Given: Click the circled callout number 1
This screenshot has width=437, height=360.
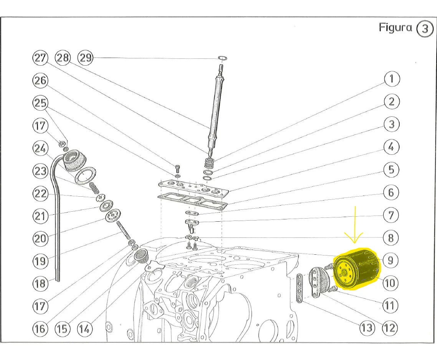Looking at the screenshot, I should click(392, 79).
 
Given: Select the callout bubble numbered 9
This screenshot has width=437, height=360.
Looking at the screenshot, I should click(390, 260).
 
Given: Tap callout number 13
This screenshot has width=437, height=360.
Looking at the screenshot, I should click(366, 328).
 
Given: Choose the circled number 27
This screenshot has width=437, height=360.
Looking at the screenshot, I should click(40, 58).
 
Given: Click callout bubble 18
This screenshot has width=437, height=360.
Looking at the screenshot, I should click(40, 284).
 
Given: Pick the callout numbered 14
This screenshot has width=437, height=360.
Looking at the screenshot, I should click(85, 328).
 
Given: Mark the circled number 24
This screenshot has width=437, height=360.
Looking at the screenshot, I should click(40, 148).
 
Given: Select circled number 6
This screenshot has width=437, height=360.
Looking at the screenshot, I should click(391, 192).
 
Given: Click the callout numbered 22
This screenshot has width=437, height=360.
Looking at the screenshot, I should click(40, 194).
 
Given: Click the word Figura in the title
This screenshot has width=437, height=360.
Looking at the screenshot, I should click(396, 28).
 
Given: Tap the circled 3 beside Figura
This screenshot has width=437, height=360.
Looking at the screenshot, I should click(425, 30).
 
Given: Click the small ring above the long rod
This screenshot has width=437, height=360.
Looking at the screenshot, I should click(222, 58).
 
